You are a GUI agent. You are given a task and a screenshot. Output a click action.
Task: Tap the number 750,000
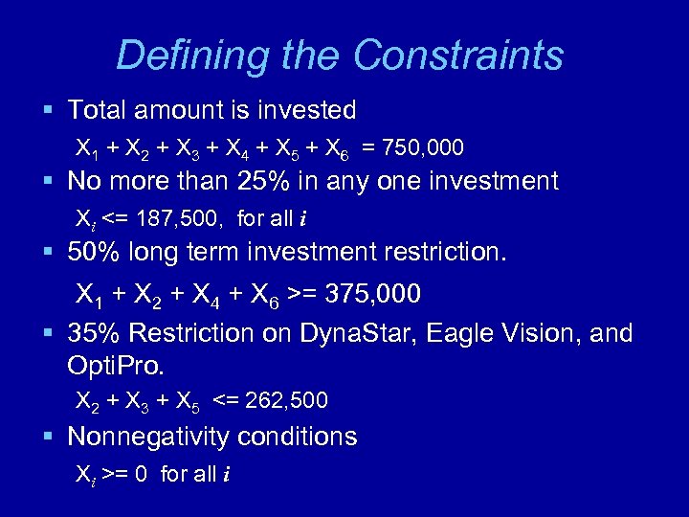click(421, 147)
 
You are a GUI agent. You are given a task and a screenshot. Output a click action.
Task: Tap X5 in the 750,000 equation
click(285, 148)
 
